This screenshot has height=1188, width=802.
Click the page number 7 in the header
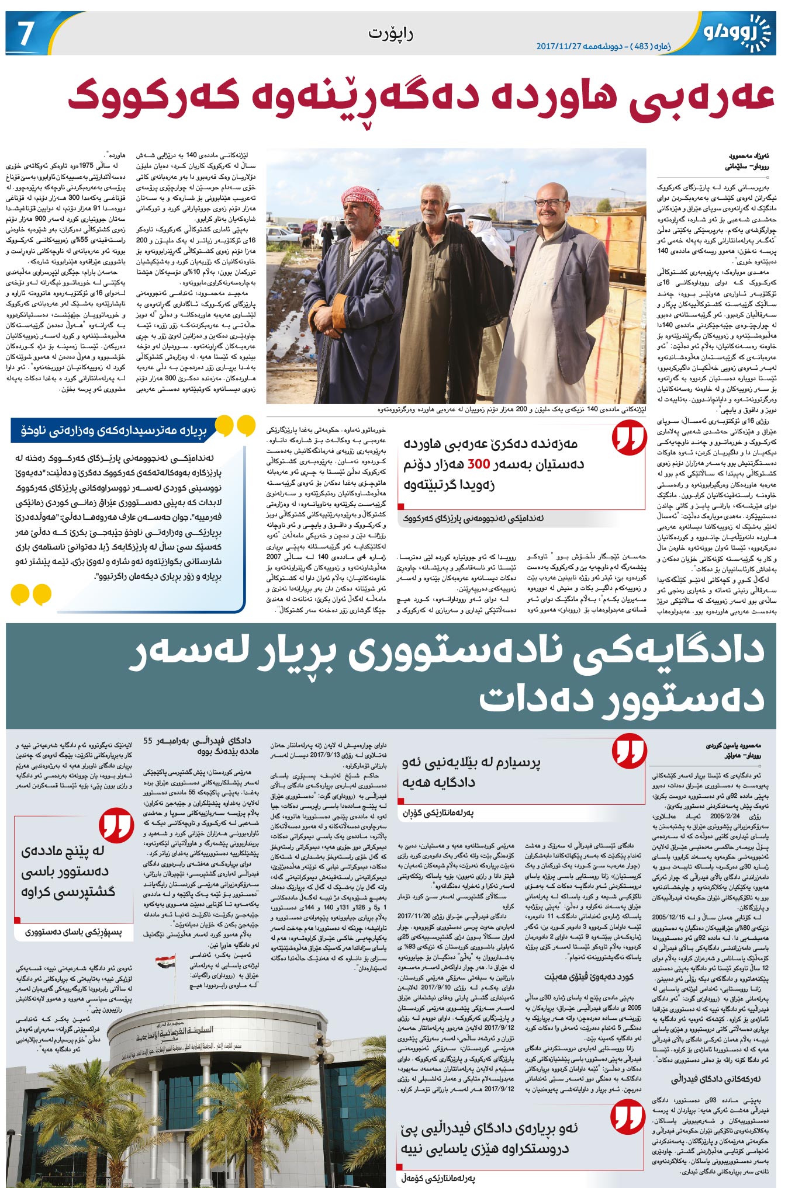click(x=25, y=33)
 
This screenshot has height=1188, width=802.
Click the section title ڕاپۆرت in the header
click(x=390, y=33)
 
